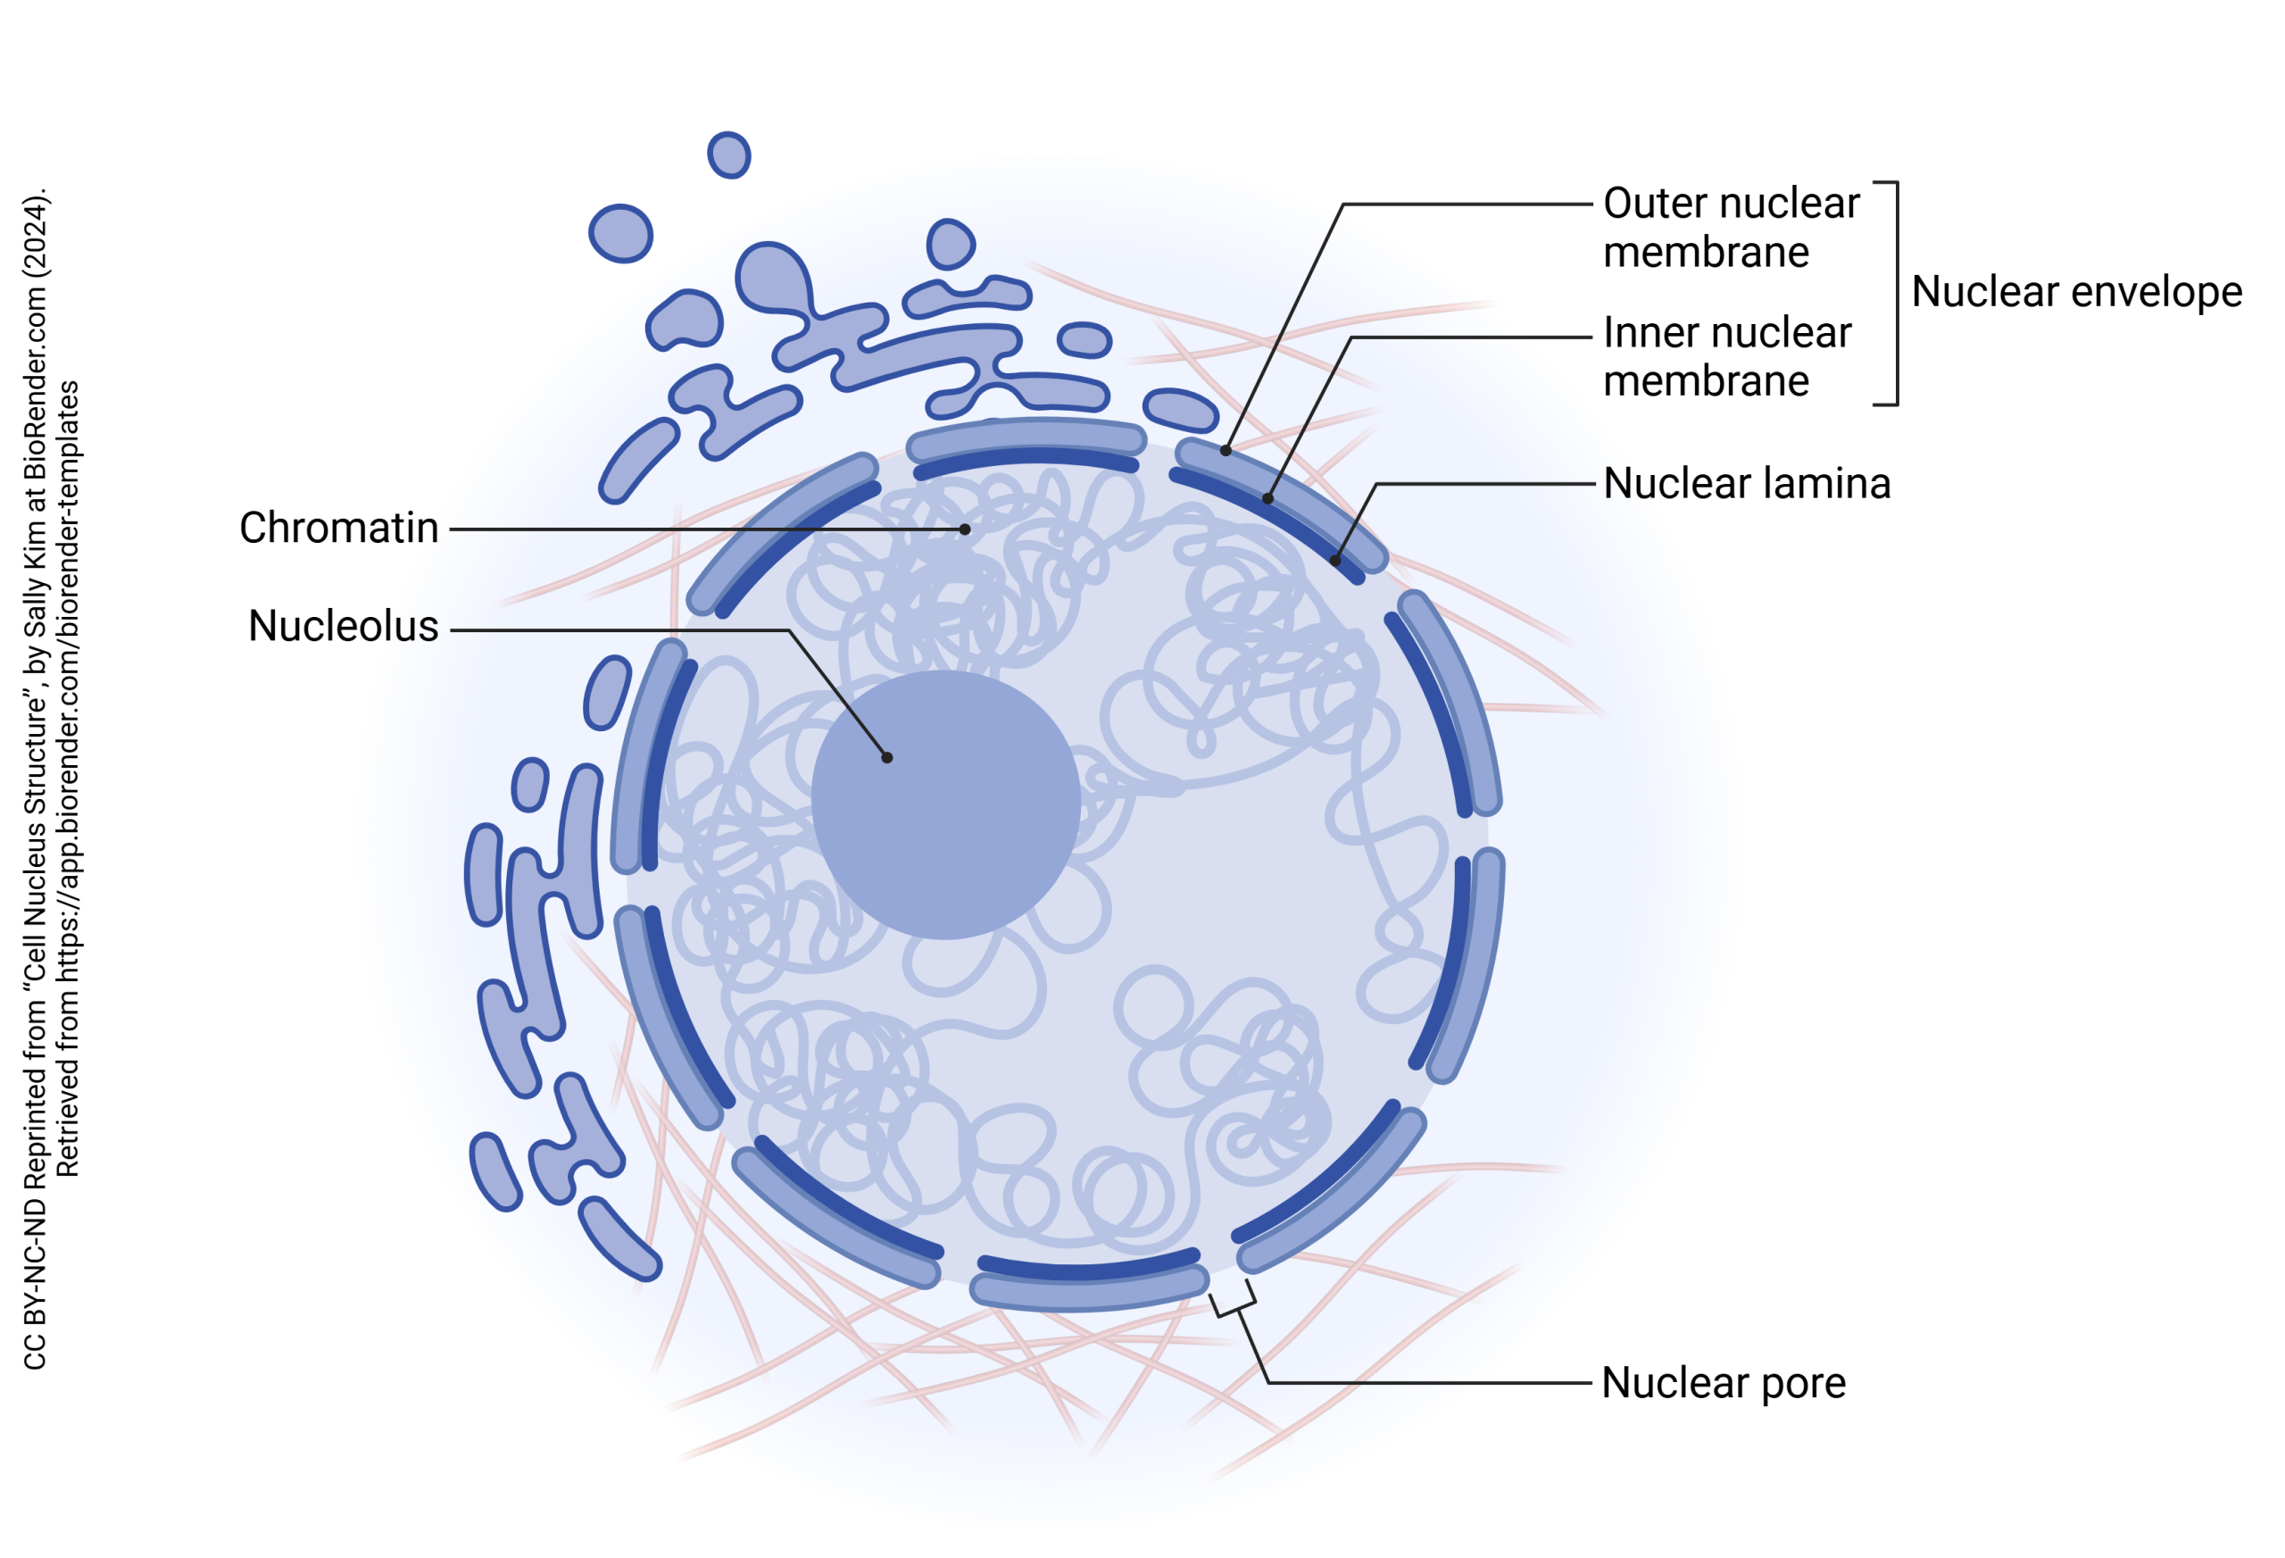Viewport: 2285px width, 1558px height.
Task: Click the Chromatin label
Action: (338, 529)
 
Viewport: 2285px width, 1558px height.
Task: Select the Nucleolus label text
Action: (343, 627)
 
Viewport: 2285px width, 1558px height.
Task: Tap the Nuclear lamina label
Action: (1746, 484)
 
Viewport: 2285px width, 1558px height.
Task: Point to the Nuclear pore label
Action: (1723, 1383)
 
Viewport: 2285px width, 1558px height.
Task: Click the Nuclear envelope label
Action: (2076, 292)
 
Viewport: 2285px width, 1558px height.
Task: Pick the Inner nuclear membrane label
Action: (1726, 357)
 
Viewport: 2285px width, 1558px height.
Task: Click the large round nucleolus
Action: (945, 804)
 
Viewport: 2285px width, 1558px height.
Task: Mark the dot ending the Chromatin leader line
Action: (965, 529)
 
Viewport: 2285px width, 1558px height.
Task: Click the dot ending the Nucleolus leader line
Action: (887, 757)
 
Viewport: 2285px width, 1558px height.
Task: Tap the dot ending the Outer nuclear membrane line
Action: (1226, 451)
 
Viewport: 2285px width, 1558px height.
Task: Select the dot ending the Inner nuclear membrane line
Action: (1268, 499)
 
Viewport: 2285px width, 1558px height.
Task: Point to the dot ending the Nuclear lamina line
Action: (1335, 561)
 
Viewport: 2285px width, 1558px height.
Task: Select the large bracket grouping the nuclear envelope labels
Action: (1895, 293)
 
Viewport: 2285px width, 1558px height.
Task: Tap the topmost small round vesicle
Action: (728, 155)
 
